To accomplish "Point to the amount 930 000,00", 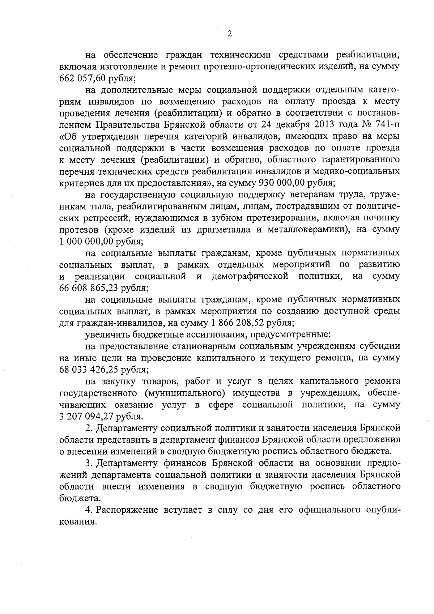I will click(280, 183).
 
